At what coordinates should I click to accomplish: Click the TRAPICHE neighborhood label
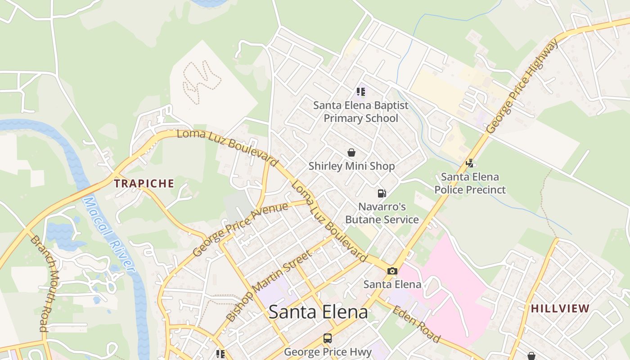click(x=144, y=184)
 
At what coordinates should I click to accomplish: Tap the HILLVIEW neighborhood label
click(x=560, y=309)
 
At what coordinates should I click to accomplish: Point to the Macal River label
click(x=109, y=235)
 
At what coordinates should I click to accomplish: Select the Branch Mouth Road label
click(x=45, y=283)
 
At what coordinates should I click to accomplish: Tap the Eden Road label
click(x=416, y=324)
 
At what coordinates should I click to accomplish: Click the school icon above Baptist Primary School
click(x=360, y=92)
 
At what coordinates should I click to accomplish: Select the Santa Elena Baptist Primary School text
click(x=361, y=112)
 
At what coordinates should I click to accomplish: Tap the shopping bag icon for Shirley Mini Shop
click(x=351, y=153)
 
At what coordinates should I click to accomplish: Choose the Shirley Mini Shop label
click(x=351, y=166)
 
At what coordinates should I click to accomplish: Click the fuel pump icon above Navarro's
click(x=382, y=193)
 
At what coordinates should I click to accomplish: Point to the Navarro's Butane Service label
click(x=382, y=213)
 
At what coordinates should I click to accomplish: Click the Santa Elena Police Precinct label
click(x=470, y=183)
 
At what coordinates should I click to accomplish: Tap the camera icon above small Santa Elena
click(x=392, y=271)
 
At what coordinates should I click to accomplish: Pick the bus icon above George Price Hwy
click(x=328, y=338)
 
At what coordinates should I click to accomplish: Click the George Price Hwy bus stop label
click(x=328, y=351)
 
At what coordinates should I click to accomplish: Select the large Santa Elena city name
click(x=318, y=312)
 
